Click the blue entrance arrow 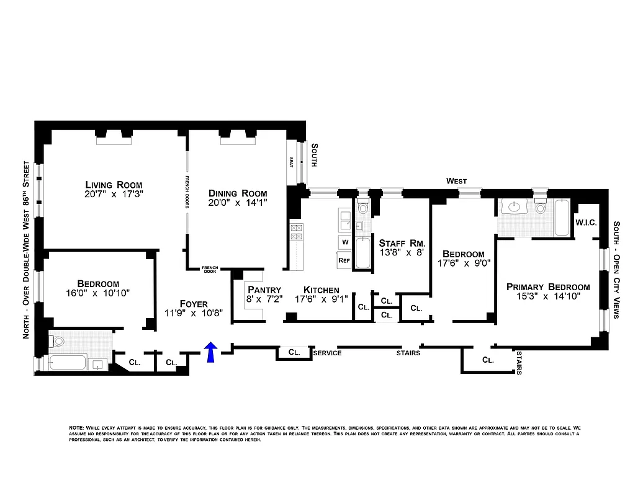click(x=210, y=352)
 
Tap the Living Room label click(x=114, y=185)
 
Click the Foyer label click(x=193, y=303)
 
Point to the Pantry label click(x=264, y=290)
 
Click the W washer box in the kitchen click(x=344, y=241)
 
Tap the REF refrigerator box click(x=344, y=261)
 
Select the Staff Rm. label click(x=402, y=242)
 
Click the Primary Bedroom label click(x=547, y=286)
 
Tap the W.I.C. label click(x=586, y=222)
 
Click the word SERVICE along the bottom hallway click(x=327, y=353)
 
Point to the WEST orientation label click(x=457, y=180)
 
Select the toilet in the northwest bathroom click(x=59, y=341)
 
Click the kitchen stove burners click(x=296, y=232)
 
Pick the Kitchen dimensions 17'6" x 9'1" click(x=326, y=299)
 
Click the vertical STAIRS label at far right click(x=519, y=363)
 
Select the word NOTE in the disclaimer click(x=76, y=428)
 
